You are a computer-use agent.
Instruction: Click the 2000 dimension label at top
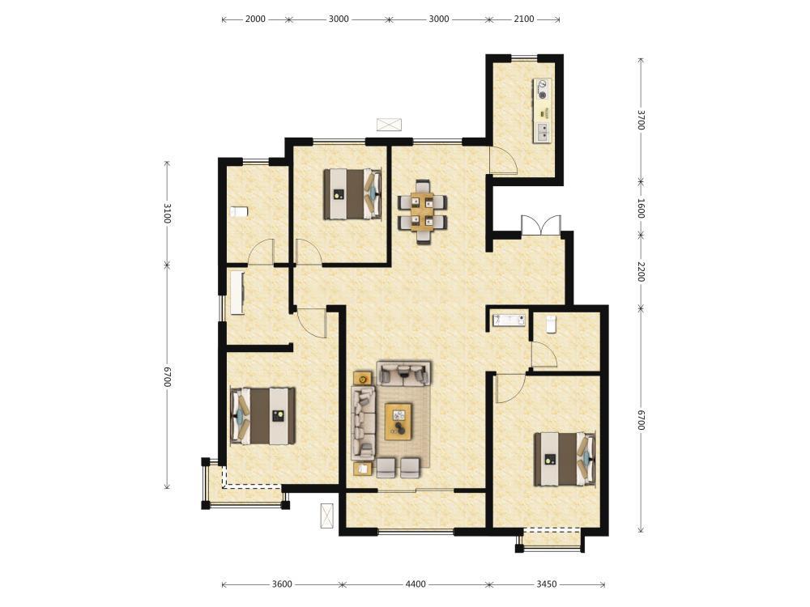(x=255, y=19)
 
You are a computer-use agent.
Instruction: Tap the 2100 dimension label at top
(x=524, y=19)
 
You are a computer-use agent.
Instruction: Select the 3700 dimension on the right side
(x=641, y=120)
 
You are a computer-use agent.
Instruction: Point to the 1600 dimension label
(x=641, y=208)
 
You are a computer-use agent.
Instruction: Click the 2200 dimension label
(x=641, y=272)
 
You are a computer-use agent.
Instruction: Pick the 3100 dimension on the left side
(x=167, y=213)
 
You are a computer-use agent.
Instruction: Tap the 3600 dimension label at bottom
(x=282, y=584)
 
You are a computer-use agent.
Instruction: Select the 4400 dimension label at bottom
(x=416, y=584)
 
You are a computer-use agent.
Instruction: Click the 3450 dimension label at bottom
(x=547, y=584)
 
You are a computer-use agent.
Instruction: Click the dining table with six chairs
(x=423, y=211)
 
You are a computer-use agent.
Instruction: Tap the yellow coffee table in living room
(x=399, y=421)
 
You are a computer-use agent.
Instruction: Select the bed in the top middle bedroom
(x=353, y=194)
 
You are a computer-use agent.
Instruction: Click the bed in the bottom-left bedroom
(x=263, y=416)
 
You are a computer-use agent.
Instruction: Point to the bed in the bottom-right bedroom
(x=565, y=460)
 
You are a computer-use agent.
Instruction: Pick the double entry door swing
(x=541, y=226)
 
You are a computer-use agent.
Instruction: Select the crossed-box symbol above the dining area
(x=389, y=125)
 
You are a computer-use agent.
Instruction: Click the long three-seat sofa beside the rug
(x=363, y=422)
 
